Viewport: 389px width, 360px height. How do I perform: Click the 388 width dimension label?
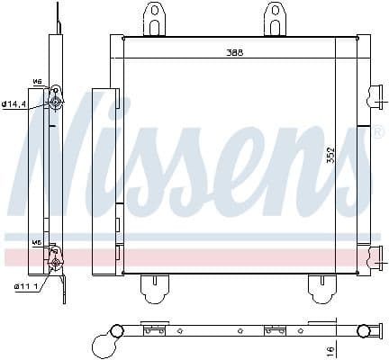pyautogui.click(x=236, y=52)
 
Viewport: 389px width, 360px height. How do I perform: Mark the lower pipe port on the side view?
pyautogui.click(x=57, y=262)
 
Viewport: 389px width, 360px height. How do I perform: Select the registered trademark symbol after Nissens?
pyautogui.click(x=377, y=132)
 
